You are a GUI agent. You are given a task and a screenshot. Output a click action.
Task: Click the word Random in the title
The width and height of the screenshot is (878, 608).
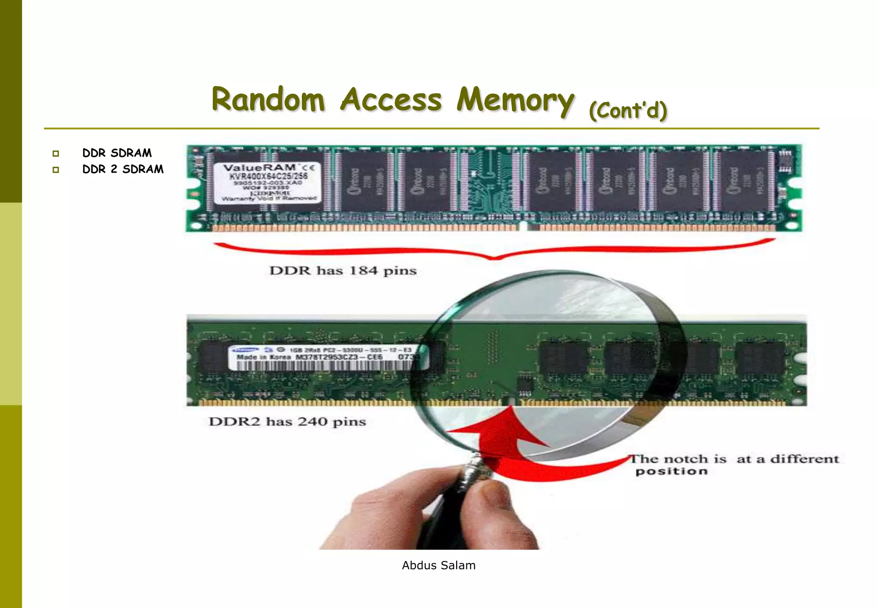(x=268, y=99)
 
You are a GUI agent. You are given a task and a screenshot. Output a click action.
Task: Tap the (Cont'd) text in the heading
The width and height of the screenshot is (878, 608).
(x=628, y=111)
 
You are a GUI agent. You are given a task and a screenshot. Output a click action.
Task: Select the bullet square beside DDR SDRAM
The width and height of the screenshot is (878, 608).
(x=56, y=154)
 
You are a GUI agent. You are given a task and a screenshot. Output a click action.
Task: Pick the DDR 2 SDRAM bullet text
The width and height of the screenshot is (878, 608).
(x=123, y=169)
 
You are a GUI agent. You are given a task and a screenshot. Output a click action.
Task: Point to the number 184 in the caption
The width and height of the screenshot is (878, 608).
(x=364, y=271)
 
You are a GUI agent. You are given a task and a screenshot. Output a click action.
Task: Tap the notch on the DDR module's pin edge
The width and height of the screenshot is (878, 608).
(x=523, y=226)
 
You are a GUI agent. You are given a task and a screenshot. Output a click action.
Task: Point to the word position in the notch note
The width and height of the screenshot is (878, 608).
(x=671, y=472)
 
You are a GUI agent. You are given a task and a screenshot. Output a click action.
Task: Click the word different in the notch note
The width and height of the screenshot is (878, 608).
(x=804, y=459)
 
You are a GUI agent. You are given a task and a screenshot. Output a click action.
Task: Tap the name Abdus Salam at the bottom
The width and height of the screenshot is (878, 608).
(x=439, y=566)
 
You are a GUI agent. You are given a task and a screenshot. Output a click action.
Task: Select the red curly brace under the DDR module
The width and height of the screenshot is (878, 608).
(x=494, y=251)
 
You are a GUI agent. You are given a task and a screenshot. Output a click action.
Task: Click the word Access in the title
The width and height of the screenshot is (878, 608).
(x=391, y=100)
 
